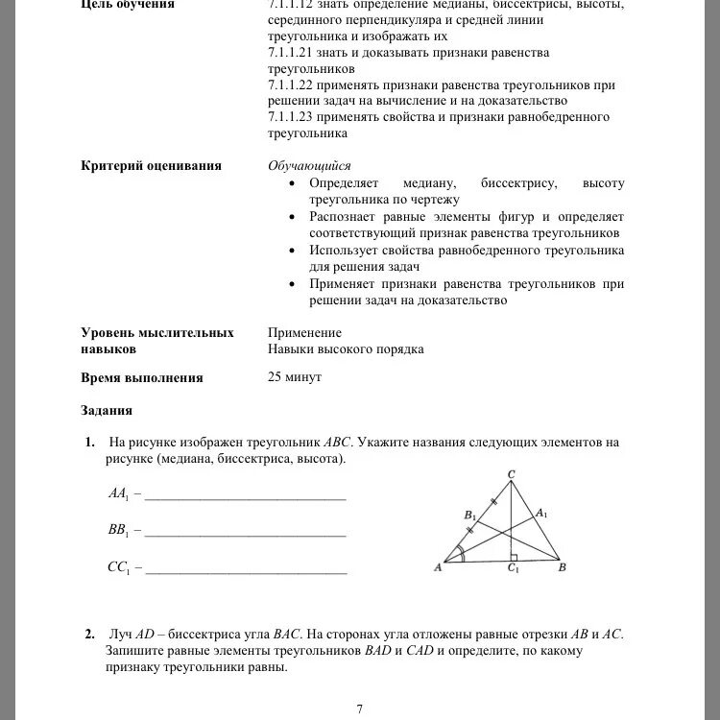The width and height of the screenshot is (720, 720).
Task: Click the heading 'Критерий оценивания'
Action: click(151, 165)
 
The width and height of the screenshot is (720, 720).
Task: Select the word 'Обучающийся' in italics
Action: click(309, 165)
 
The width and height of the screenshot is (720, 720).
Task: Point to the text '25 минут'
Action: click(295, 377)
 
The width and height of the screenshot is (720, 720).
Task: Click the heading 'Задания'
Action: click(107, 411)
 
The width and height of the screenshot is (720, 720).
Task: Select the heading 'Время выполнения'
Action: click(142, 378)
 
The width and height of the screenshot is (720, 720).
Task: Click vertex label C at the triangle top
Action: click(511, 475)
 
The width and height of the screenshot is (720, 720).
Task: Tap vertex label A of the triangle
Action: click(438, 568)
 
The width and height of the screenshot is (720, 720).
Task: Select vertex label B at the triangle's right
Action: click(563, 568)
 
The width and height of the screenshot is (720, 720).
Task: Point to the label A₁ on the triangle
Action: click(541, 513)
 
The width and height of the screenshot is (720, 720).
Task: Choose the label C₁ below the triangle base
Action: click(513, 569)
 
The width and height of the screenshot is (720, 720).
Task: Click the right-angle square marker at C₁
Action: click(516, 555)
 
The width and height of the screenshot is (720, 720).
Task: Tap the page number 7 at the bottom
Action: click(359, 709)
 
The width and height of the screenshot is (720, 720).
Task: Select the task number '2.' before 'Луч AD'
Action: click(89, 635)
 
